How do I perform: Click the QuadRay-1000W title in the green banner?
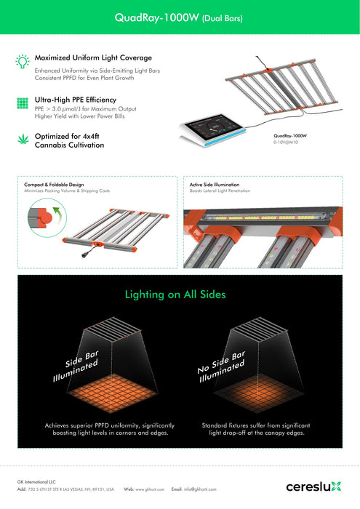click(178, 17)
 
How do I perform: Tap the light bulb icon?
click(23, 61)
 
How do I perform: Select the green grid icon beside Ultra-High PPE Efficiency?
click(23, 103)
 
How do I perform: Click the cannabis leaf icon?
click(23, 140)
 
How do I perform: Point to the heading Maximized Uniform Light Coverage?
click(93, 57)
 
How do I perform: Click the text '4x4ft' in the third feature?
click(91, 137)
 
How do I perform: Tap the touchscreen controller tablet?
click(213, 130)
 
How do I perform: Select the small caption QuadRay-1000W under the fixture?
click(290, 136)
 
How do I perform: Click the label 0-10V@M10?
click(286, 143)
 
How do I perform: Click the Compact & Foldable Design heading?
click(54, 185)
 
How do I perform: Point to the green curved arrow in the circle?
click(57, 215)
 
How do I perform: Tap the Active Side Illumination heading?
click(215, 185)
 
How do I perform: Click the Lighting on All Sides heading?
click(175, 294)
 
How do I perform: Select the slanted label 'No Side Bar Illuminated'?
click(221, 366)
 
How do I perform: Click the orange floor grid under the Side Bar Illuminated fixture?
click(112, 393)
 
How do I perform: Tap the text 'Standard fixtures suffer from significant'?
click(256, 425)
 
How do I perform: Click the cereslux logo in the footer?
click(314, 486)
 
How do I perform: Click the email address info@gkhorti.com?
click(200, 489)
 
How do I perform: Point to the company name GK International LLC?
click(36, 482)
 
